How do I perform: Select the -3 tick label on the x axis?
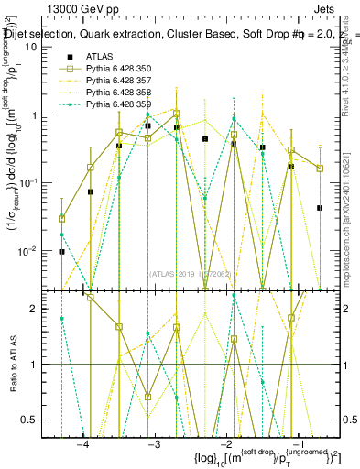tap(154, 444)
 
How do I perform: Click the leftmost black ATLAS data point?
tap(61, 251)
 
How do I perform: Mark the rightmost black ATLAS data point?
tap(320, 208)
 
